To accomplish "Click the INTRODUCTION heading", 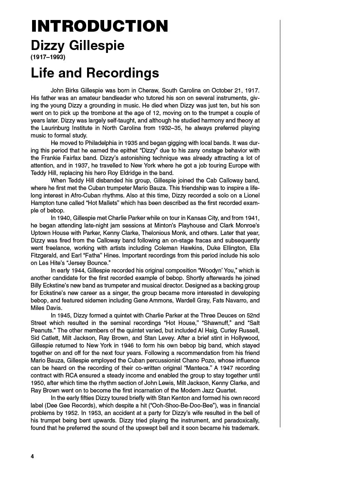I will pyautogui.click(x=100, y=26).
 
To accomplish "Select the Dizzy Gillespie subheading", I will pyautogui.click(x=77, y=45).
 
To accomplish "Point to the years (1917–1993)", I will pyautogui.click(x=48, y=57).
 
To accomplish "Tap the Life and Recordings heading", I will pyautogui.click(x=95, y=73).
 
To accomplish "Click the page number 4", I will pyautogui.click(x=32, y=456).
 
